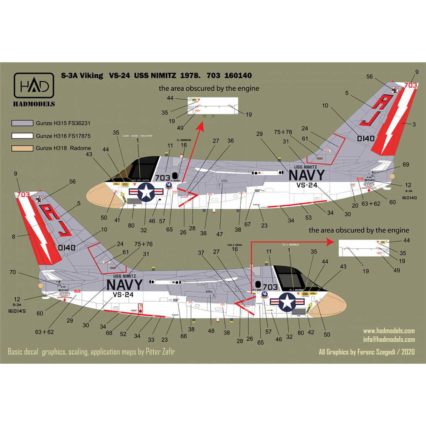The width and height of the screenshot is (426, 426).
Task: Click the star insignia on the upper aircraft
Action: tap(146, 193)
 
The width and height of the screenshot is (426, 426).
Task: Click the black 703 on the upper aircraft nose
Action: tap(163, 178)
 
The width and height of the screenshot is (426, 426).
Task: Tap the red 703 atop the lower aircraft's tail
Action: tap(23, 195)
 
